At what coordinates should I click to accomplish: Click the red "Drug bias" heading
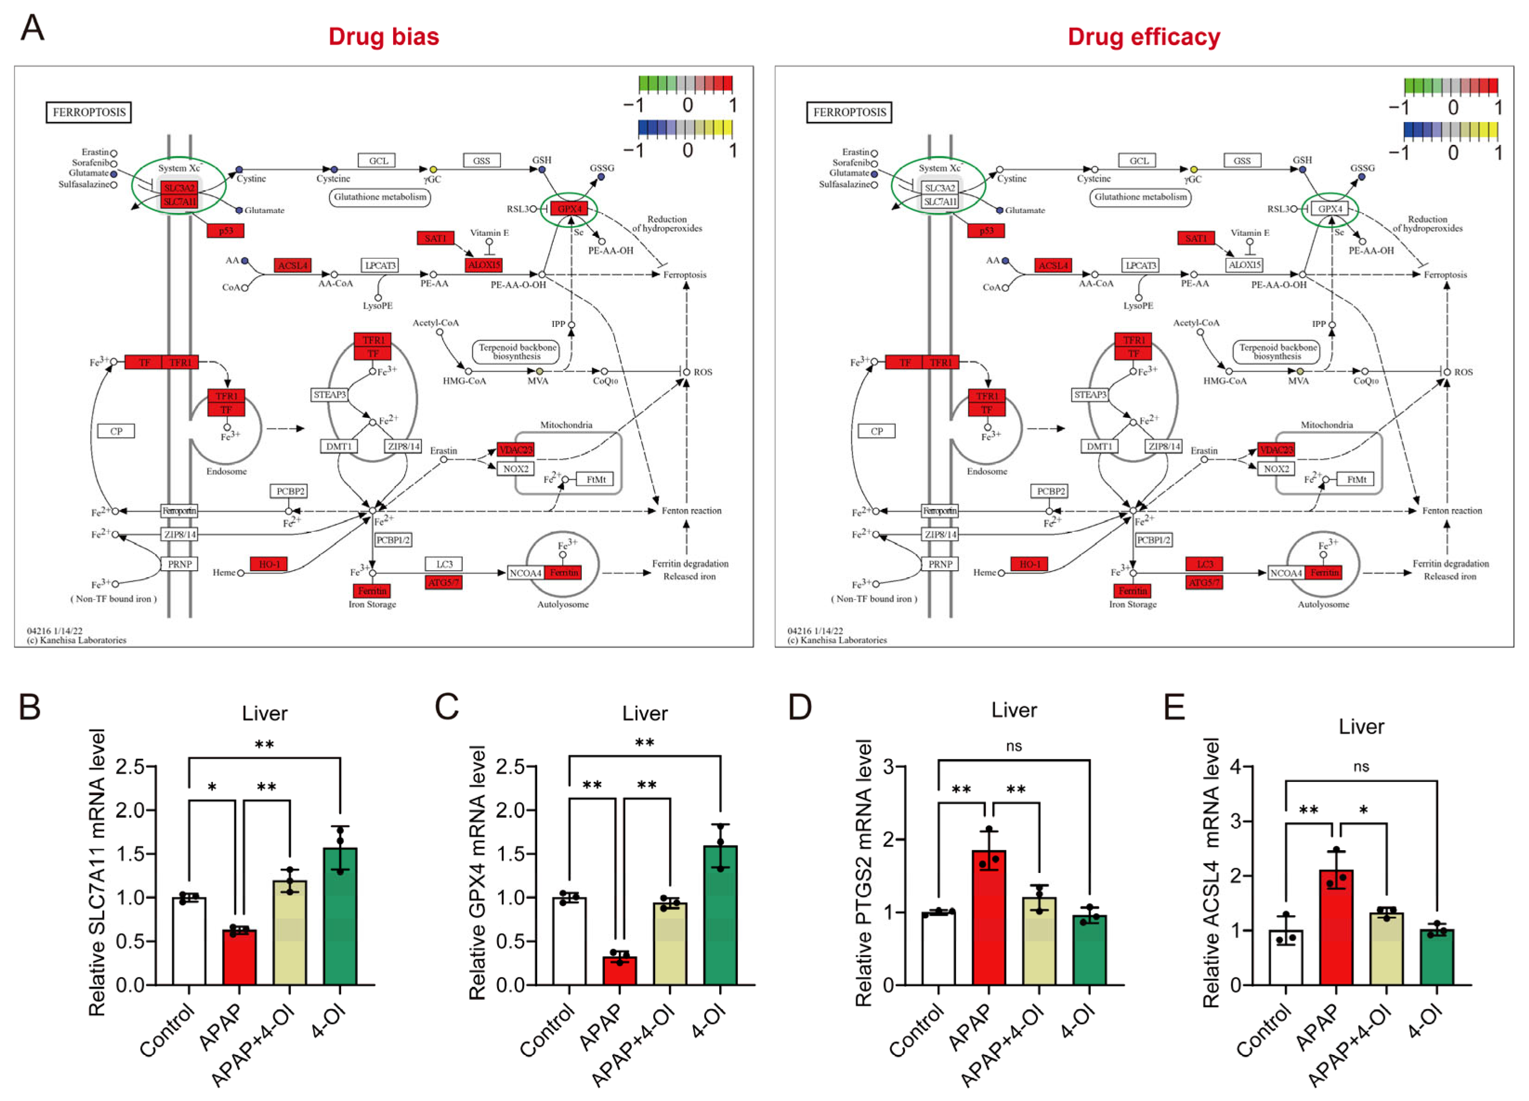pyautogui.click(x=384, y=36)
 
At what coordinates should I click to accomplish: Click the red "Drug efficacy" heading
pyautogui.click(x=1143, y=36)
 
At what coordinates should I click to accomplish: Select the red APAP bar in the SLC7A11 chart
pyautogui.click(x=239, y=957)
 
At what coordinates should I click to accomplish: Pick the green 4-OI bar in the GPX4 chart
pyautogui.click(x=720, y=916)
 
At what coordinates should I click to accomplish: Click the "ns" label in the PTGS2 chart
pyautogui.click(x=1013, y=746)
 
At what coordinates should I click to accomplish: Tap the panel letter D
pyautogui.click(x=800, y=708)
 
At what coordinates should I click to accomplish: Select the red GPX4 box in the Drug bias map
pyautogui.click(x=569, y=209)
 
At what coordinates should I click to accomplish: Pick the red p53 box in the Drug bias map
pyautogui.click(x=225, y=230)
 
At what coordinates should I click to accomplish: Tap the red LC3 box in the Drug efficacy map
pyautogui.click(x=1204, y=564)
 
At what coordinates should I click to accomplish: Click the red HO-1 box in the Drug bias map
pyautogui.click(x=269, y=564)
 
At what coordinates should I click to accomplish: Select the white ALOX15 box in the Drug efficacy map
pyautogui.click(x=1244, y=265)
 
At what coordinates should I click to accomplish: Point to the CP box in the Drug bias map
pyautogui.click(x=116, y=431)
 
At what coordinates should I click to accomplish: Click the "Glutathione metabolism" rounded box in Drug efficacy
pyautogui.click(x=1140, y=197)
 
